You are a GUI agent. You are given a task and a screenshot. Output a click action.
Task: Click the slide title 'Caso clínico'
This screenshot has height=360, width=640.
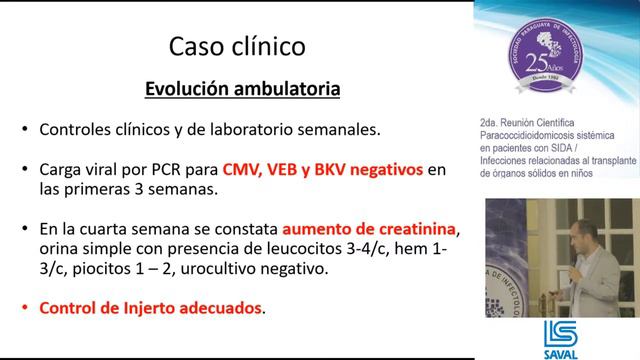pyautogui.click(x=236, y=46)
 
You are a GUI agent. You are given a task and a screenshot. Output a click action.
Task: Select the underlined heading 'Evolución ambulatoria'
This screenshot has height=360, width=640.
pyautogui.click(x=242, y=89)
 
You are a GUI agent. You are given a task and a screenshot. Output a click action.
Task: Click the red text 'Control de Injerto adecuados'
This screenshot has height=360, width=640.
pyautogui.click(x=150, y=308)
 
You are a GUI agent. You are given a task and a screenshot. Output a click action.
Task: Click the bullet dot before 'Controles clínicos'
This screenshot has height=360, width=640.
pyautogui.click(x=24, y=131)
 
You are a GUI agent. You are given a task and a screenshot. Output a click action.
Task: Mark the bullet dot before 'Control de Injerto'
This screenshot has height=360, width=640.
pyautogui.click(x=24, y=309)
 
